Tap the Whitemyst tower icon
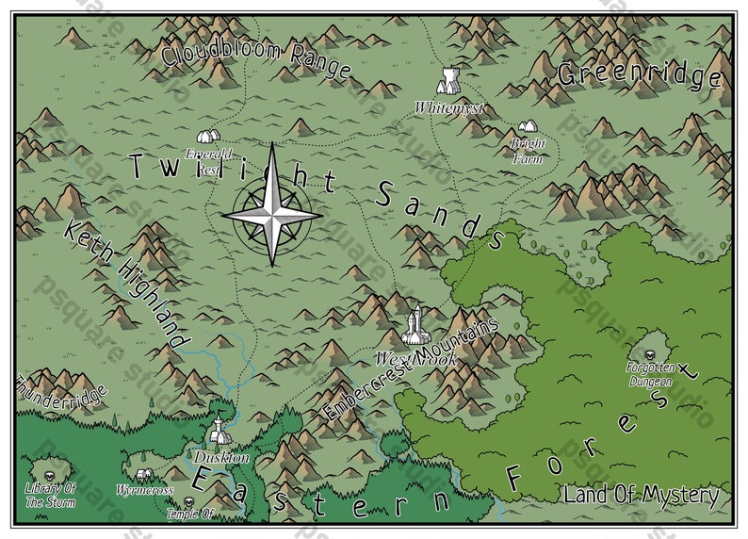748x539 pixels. pyautogui.click(x=449, y=80)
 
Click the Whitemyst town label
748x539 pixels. pyautogui.click(x=448, y=108)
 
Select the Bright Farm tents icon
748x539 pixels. pyautogui.click(x=527, y=126)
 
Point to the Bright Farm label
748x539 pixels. pyautogui.click(x=528, y=152)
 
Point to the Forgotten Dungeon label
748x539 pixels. pyautogui.click(x=650, y=375)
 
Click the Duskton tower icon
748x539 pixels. pyautogui.click(x=220, y=433)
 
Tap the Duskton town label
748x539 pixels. pyautogui.click(x=221, y=458)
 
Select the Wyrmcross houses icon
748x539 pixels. pyautogui.click(x=143, y=475)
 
